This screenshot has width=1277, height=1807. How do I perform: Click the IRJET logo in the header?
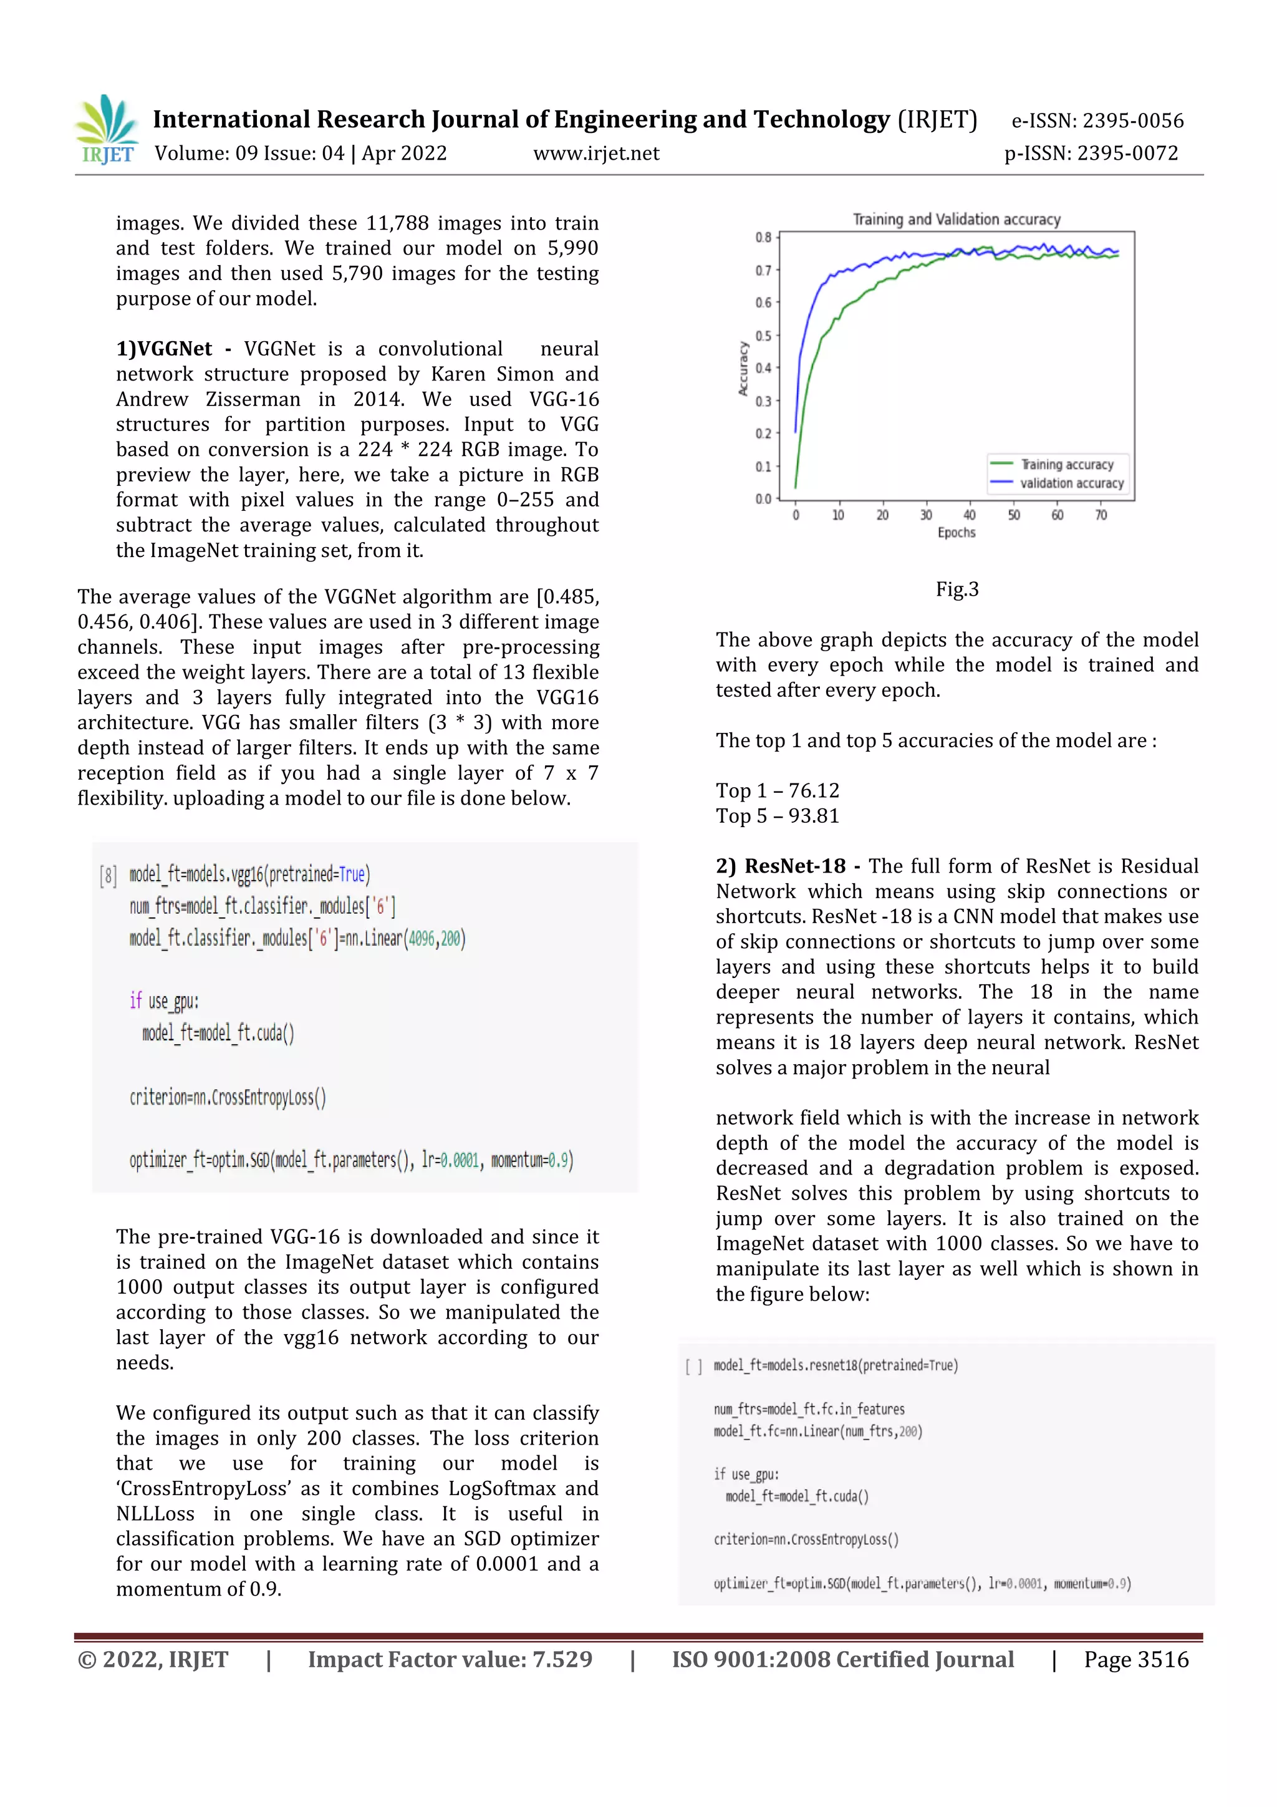point(108,130)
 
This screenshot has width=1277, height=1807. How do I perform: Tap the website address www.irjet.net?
point(595,153)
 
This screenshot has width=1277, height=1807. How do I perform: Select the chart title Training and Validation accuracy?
point(956,220)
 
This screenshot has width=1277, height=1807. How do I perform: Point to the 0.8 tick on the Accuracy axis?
point(763,238)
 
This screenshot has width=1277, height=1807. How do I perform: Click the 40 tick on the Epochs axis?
point(970,515)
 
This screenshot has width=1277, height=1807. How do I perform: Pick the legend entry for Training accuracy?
point(1066,464)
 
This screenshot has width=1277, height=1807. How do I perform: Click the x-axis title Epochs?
point(956,533)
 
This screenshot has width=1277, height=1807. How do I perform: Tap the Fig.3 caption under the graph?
point(957,589)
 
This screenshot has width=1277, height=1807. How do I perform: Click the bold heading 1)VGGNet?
point(163,349)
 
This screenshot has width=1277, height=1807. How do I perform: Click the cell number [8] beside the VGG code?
point(108,875)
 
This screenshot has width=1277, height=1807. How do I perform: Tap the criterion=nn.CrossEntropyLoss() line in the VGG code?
point(228,1097)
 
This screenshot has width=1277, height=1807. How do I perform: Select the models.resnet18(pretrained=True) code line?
point(835,1365)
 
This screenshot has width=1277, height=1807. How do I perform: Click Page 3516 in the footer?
point(1135,1660)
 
